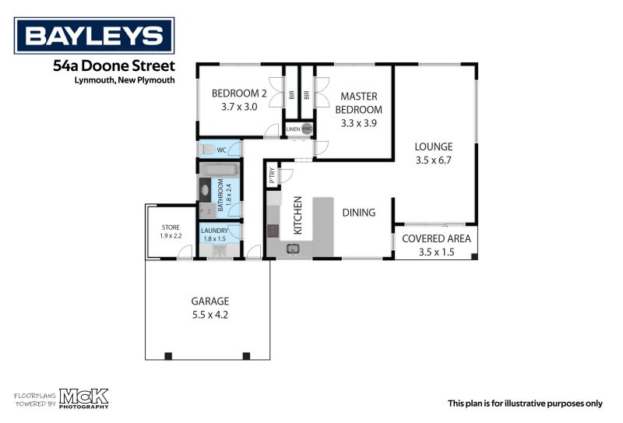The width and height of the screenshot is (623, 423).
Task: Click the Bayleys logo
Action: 94,35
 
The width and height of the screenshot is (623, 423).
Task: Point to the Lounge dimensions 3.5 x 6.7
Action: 434,160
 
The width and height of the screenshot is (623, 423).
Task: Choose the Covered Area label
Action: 436,238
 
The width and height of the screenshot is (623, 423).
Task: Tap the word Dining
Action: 358,212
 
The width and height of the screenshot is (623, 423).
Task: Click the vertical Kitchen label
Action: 297,215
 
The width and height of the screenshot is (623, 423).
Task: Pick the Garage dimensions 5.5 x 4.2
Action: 209,315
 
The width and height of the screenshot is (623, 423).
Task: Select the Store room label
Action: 170,227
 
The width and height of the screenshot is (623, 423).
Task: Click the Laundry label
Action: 213,231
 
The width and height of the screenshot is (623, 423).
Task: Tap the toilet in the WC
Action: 207,149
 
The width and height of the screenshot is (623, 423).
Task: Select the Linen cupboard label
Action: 293,129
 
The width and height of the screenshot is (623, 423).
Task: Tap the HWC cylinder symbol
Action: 307,129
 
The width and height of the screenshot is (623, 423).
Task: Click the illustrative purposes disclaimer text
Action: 524,403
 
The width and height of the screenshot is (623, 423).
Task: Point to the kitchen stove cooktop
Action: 273,230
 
